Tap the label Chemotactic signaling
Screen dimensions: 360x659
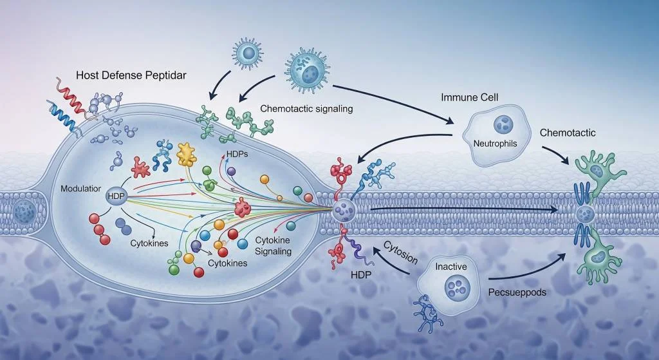(x=306, y=109)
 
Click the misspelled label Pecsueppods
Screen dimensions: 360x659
(x=517, y=292)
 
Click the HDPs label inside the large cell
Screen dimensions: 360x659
(x=237, y=155)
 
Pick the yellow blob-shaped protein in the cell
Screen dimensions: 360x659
(x=187, y=153)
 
